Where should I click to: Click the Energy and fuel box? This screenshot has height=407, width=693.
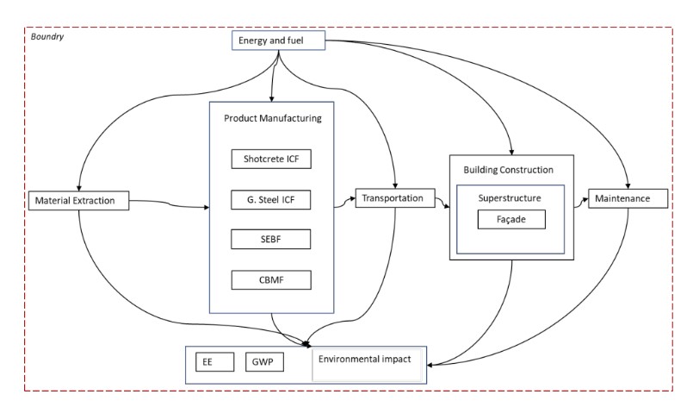click(278, 41)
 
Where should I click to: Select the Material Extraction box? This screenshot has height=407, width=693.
click(78, 201)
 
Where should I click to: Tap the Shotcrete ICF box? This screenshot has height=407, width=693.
click(271, 159)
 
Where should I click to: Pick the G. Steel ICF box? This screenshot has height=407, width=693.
click(270, 200)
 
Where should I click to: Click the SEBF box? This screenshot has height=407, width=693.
click(270, 239)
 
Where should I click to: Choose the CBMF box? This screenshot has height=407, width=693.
click(271, 280)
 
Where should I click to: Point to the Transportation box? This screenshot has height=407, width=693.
click(395, 198)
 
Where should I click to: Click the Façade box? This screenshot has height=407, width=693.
click(511, 219)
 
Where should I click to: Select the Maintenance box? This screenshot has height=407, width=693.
click(628, 198)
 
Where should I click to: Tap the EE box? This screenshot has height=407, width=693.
click(215, 362)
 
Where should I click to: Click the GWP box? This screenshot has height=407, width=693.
click(264, 362)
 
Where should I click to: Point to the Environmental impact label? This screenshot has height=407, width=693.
click(365, 359)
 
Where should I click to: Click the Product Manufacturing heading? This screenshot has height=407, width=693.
click(273, 118)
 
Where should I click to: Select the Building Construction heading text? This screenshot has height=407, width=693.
click(508, 170)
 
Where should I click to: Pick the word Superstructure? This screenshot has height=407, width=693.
click(510, 198)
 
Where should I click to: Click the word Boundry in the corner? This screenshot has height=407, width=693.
click(46, 36)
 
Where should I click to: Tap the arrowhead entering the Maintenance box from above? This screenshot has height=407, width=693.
click(628, 186)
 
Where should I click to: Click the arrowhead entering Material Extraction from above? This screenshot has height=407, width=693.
click(78, 188)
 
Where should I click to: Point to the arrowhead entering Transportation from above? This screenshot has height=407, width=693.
click(395, 186)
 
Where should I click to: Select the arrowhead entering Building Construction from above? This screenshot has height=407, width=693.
click(511, 153)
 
